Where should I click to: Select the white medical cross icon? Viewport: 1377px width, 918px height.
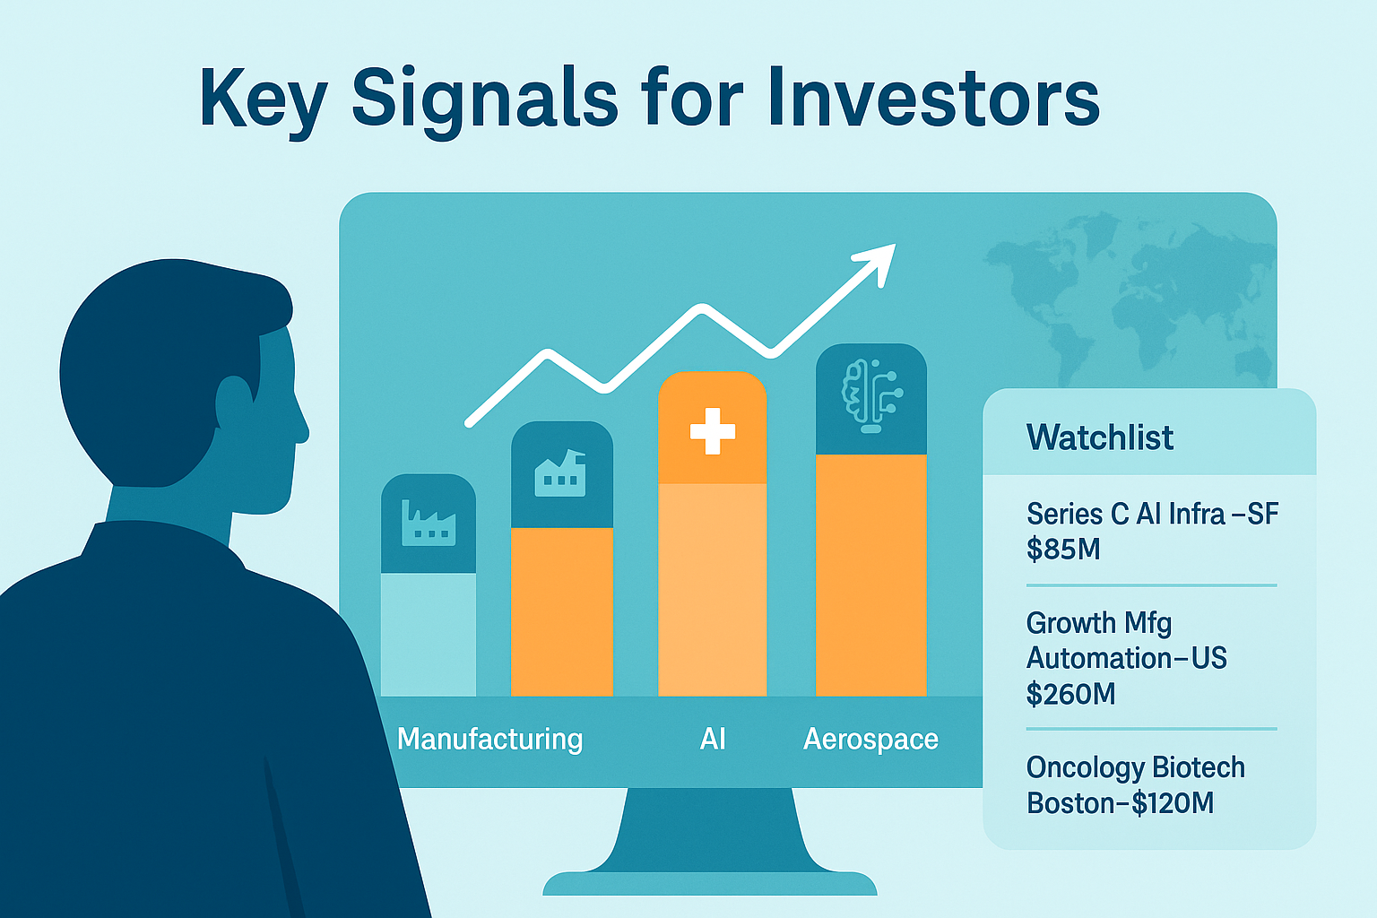tap(713, 431)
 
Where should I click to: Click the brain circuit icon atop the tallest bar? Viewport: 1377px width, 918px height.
tap(870, 396)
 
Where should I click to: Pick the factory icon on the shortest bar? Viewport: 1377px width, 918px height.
tap(429, 524)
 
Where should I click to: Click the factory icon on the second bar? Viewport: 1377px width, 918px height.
tap(560, 474)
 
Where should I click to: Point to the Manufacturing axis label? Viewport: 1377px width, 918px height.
tap(489, 739)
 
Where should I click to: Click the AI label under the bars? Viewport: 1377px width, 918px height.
tap(713, 739)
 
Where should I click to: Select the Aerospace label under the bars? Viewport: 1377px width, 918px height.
tap(870, 739)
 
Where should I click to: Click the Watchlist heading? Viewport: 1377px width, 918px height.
tap(1099, 437)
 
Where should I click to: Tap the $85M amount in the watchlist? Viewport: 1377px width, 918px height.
tap(1063, 549)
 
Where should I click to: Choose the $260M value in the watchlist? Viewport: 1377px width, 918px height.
tap(1070, 694)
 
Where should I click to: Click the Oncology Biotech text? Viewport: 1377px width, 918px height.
tap(1135, 767)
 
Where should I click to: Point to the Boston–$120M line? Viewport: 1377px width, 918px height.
tap(1120, 803)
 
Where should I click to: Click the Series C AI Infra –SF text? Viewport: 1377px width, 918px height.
tap(1152, 514)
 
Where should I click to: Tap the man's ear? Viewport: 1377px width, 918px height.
tap(234, 403)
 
